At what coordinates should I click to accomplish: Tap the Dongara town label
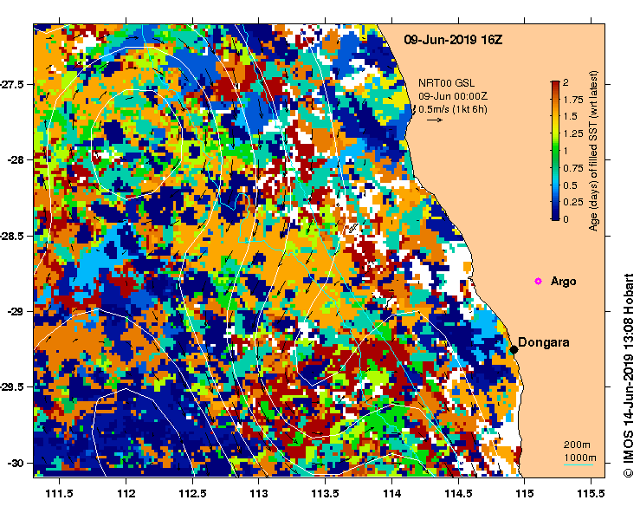[544, 342]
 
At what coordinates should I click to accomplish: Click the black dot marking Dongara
[514, 349]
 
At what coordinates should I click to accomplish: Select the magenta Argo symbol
[538, 281]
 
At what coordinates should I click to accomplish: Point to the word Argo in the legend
[563, 282]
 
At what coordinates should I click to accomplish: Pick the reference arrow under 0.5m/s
[434, 120]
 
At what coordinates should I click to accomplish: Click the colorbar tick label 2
[565, 83]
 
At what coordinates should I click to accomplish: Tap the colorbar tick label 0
[565, 219]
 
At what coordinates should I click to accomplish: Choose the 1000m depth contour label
[579, 457]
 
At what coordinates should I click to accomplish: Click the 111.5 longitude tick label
[59, 493]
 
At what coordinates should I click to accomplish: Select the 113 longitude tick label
[258, 493]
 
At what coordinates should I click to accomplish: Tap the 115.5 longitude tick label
[590, 493]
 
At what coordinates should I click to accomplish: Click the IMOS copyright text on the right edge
[628, 373]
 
